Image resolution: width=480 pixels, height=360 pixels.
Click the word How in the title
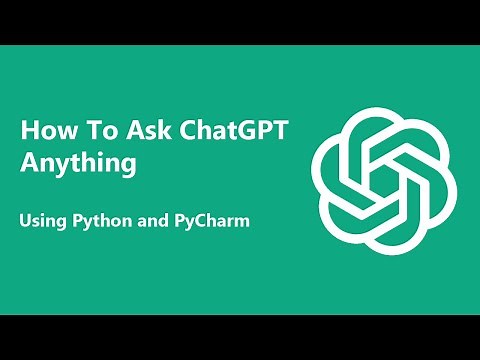click(45, 130)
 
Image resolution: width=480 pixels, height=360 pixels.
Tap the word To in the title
click(93, 130)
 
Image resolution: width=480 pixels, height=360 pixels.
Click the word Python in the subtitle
click(99, 220)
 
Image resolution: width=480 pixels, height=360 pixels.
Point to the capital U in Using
click(26, 220)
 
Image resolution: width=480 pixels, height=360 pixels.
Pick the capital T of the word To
click(86, 130)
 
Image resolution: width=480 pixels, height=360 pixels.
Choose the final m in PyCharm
click(240, 221)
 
